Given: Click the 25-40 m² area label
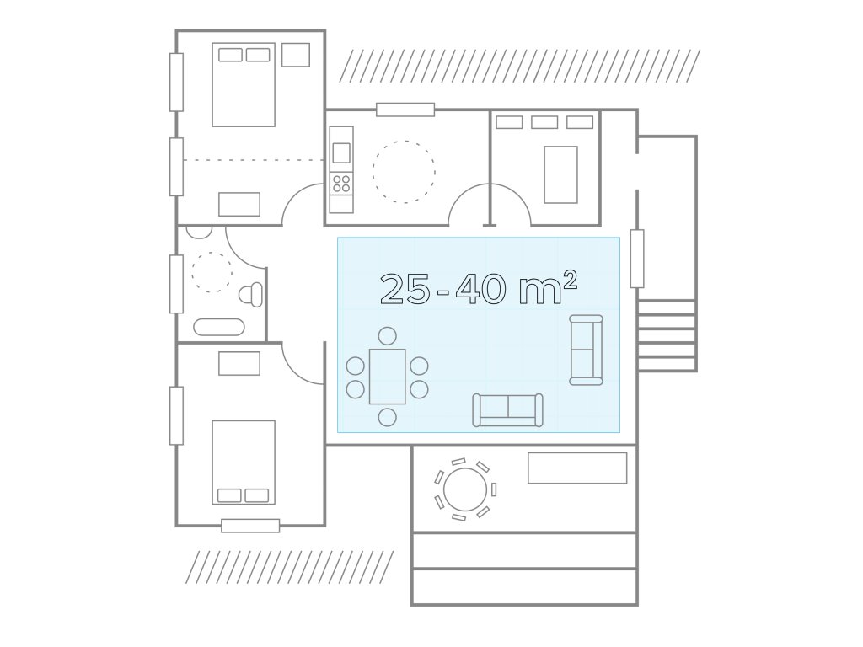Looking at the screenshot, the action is [479, 288].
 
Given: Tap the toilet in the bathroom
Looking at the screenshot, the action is [251, 294].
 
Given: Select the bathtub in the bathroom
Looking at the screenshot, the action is [218, 327].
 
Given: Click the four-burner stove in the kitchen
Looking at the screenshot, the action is [341, 183].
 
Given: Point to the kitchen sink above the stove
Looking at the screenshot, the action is [341, 152].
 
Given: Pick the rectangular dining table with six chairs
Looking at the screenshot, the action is [388, 377].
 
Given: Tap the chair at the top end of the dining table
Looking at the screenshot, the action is [388, 336].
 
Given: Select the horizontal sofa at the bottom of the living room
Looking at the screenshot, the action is [507, 410].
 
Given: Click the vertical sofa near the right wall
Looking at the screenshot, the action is [586, 350].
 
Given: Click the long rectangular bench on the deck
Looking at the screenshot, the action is [577, 468].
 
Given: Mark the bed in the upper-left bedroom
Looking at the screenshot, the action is [244, 84].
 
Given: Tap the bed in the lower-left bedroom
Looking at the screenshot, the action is [244, 463].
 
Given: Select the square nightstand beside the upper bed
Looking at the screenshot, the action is [296, 55].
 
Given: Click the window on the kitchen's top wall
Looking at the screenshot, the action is [405, 110].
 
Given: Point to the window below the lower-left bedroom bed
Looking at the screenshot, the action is [249, 526].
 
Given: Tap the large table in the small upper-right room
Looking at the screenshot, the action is [560, 174].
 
